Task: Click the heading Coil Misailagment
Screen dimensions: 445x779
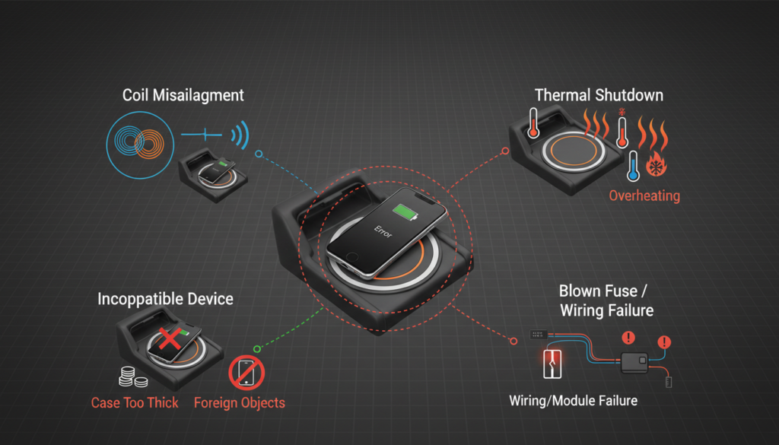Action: pos(183,95)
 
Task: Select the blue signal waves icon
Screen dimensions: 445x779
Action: pos(240,136)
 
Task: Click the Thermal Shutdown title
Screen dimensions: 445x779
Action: pos(599,95)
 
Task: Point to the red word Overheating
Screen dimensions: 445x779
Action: pos(644,195)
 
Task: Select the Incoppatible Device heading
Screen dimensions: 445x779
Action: pos(165,299)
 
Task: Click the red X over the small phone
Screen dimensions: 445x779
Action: pos(169,339)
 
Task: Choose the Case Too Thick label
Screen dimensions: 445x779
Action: pos(135,403)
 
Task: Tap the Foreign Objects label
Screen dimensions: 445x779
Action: pos(240,403)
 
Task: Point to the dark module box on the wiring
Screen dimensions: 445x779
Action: pos(634,361)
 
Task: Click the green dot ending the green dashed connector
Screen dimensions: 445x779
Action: pos(258,348)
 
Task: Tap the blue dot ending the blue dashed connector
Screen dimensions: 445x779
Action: pos(259,154)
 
